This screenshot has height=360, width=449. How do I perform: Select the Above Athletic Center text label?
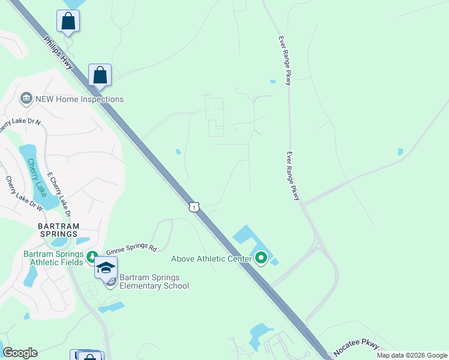coord(211,259)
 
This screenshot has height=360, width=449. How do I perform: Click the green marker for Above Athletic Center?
coord(261,259)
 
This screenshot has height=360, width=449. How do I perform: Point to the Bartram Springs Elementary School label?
coord(154,281)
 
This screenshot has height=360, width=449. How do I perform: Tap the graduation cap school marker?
coord(106,268)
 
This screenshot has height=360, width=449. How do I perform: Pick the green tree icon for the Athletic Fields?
coord(92,257)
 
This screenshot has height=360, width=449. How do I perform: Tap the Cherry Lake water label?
coord(35,176)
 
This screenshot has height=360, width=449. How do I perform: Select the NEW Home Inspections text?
coord(79,99)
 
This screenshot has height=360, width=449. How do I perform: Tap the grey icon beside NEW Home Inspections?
coord(26,98)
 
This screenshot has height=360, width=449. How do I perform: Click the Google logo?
coord(20,353)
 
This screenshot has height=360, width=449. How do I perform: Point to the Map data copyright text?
coord(412,355)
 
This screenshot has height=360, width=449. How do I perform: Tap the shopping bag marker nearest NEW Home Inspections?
coord(100,76)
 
